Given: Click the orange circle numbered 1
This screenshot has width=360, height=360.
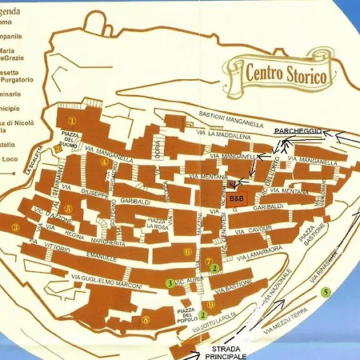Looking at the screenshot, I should (x=72, y=120).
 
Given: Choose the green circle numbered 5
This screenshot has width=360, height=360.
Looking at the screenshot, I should (x=325, y=292).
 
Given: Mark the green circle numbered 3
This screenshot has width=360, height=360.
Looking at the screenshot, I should (x=169, y=282).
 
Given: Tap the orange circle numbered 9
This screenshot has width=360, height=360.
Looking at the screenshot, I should (x=210, y=305).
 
